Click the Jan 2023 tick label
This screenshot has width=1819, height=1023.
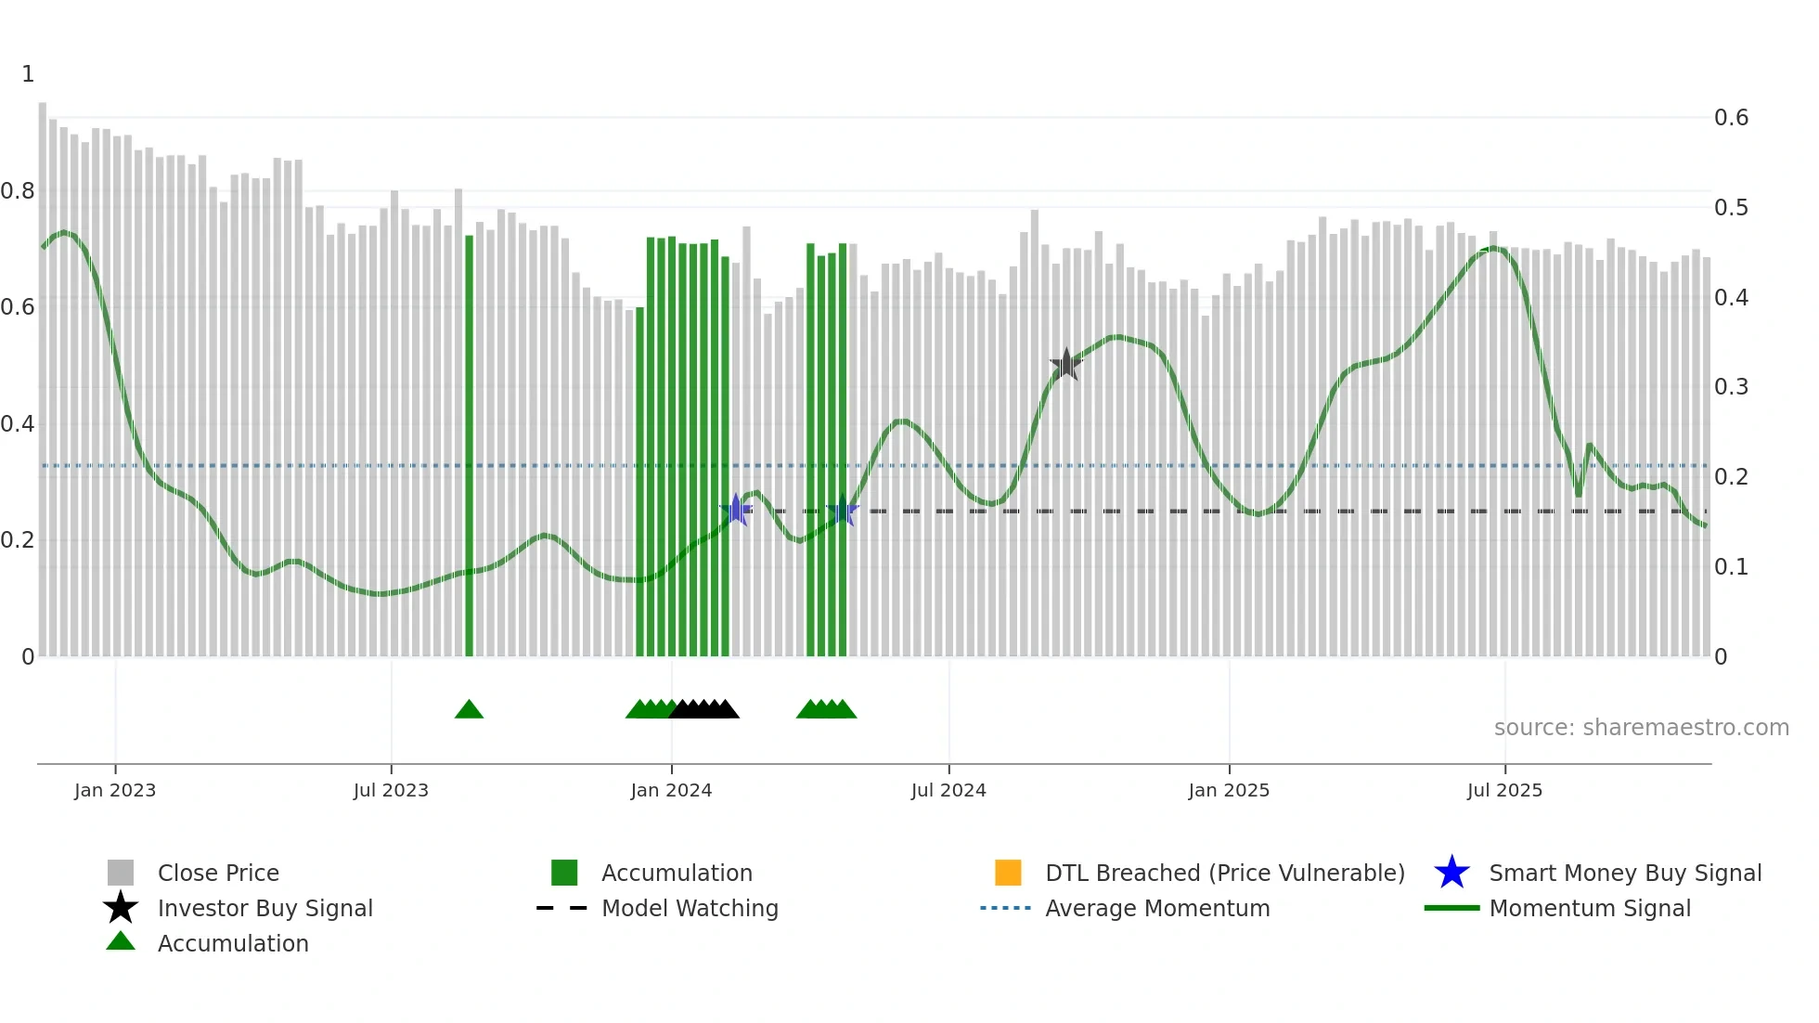coord(115,790)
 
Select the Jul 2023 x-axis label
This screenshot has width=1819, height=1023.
coord(391,790)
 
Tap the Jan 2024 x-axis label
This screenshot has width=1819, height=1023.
coord(671,790)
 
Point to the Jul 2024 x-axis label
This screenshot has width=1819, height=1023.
coord(948,790)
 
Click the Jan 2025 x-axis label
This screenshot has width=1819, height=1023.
coord(1229,790)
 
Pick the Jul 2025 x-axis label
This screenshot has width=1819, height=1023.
coord(1504,790)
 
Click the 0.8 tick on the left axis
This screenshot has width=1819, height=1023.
coord(18,191)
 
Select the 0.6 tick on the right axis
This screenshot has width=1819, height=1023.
coord(1731,118)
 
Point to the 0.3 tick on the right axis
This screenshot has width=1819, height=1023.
coord(1731,387)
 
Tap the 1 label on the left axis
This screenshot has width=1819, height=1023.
coord(28,74)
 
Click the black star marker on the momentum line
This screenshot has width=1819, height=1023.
coord(1066,364)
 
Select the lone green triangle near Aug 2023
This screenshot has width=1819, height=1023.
coord(469,709)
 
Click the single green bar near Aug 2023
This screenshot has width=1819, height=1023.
coord(469,446)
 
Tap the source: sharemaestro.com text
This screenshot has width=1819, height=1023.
coord(1641,728)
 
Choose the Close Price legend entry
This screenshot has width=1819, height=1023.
coord(218,873)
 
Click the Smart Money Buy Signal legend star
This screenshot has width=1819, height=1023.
coord(1451,873)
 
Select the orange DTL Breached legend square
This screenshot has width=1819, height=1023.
coord(1008,873)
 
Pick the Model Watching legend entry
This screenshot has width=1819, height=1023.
coord(690,908)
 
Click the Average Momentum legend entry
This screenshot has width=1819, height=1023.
coord(1157,908)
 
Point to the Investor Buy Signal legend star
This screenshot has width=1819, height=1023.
coord(121,908)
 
